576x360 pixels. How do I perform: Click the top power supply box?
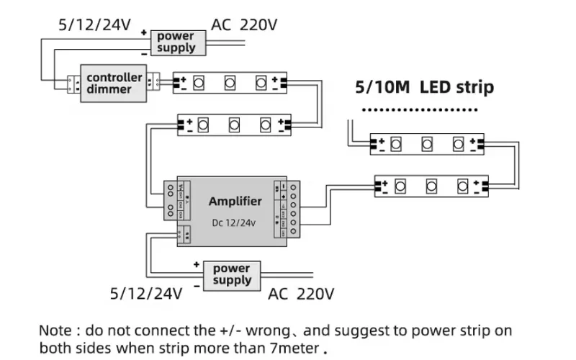176,42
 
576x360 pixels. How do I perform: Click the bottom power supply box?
232,274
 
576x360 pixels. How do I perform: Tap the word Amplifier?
235,201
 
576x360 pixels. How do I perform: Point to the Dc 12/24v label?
235,222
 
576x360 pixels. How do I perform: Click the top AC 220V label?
244,24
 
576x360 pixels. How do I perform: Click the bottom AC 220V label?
301,293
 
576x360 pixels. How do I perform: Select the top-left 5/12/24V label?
94,24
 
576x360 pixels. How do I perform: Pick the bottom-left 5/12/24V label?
146,293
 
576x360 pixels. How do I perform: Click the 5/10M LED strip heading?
425,88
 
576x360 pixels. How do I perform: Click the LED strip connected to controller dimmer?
230,83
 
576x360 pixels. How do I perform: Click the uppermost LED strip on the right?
426,145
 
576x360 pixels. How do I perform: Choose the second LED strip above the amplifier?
234,125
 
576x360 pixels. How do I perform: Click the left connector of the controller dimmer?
73,84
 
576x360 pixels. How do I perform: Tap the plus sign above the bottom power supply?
196,264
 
